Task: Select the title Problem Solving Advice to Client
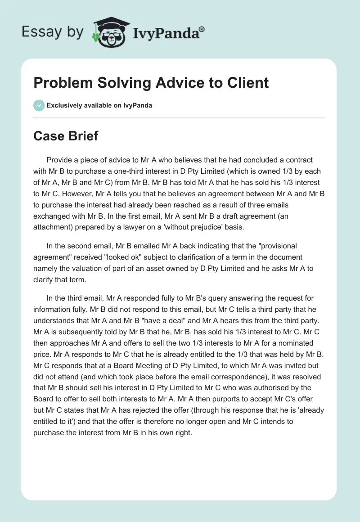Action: coord(151,83)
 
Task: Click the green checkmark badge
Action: coord(39,105)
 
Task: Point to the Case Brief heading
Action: coord(66,135)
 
